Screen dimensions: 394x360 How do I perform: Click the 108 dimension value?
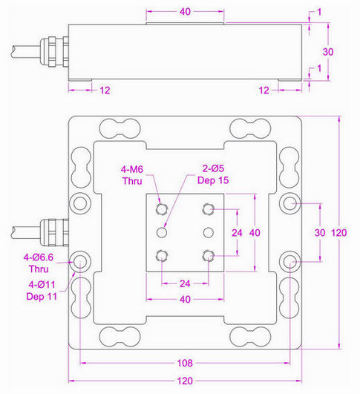186,364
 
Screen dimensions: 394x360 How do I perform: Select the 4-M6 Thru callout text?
137,174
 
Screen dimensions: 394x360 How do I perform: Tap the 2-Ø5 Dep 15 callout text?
210,174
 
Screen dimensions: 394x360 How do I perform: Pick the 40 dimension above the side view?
186,13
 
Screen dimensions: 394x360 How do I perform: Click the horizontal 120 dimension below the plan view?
186,381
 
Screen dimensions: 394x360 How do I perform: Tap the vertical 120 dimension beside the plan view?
348,232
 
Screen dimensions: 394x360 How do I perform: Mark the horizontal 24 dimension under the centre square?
185,283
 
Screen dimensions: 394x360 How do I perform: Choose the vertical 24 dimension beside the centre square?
238,232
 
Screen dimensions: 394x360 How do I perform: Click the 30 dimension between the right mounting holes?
320,232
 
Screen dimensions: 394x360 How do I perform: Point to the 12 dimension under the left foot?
104,90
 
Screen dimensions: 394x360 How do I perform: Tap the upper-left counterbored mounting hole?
79,203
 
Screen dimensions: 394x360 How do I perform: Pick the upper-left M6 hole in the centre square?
161,209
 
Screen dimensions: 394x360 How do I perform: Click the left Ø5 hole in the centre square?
161,232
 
